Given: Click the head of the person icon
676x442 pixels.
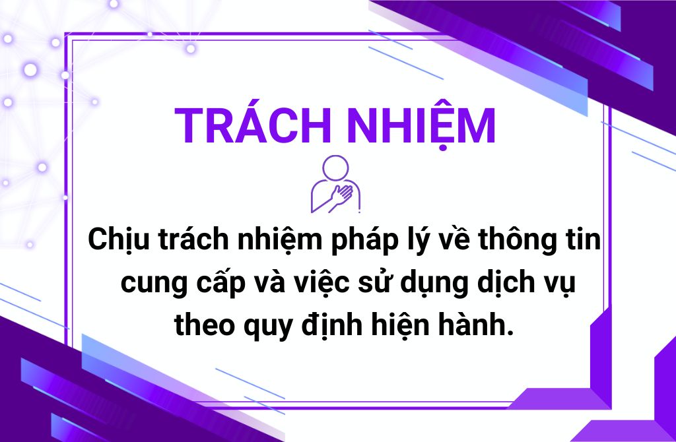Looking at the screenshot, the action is point(335,168).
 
